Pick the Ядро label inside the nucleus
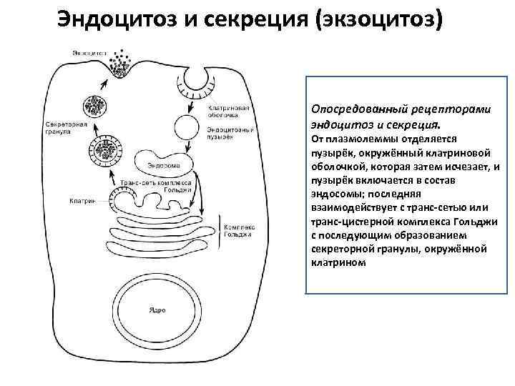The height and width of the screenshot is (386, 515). (x=157, y=310)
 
